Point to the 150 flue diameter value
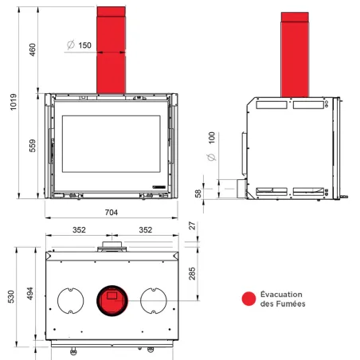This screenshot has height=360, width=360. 84,45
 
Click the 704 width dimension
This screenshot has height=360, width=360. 111,212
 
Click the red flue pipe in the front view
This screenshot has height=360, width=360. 111,48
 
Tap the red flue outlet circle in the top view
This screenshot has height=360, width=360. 111,301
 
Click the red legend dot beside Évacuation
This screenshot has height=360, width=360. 249,299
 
